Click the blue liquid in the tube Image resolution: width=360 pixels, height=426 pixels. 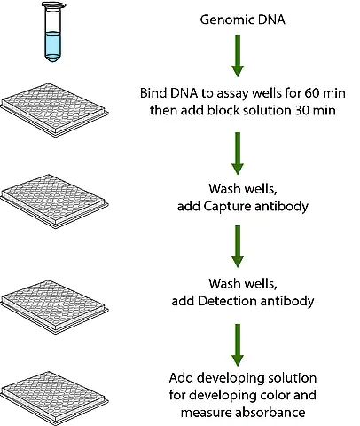click(53, 46)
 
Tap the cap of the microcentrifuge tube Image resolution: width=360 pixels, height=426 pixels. click(53, 4)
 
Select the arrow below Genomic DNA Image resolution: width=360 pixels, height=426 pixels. click(238, 56)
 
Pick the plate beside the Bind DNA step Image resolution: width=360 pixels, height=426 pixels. click(54, 110)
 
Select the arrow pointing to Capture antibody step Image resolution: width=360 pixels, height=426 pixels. click(238, 154)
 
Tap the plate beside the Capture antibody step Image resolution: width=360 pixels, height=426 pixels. click(54, 201)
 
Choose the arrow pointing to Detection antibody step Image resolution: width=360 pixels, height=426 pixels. click(238, 247)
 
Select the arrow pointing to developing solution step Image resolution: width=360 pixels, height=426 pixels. click(238, 345)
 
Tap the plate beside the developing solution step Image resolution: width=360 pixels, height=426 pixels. click(54, 398)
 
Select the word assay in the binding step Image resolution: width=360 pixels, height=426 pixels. click(233, 94)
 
